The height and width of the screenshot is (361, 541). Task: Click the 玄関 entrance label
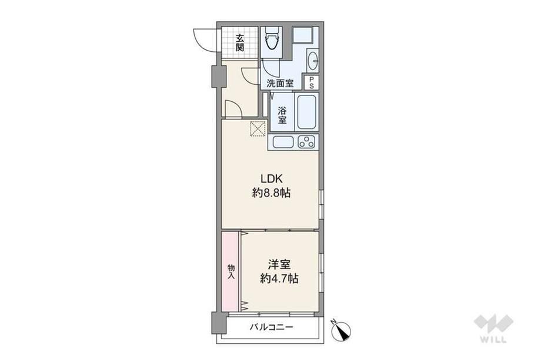point(240,42)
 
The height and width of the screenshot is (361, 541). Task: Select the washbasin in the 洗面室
point(313,61)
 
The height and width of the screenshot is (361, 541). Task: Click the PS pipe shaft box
point(311,83)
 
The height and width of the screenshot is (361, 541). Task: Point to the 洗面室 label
point(280,83)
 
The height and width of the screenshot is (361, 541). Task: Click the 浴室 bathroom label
point(282,116)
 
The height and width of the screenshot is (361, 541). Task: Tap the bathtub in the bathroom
point(306,111)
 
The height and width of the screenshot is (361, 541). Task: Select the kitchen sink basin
point(283,142)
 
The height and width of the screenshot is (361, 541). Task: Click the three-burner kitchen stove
point(306,142)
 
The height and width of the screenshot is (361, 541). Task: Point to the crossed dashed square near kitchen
point(258,128)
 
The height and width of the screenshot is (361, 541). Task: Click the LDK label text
point(272,178)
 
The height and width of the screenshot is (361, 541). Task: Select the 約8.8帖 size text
point(271,193)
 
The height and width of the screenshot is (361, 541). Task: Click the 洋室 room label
point(279,264)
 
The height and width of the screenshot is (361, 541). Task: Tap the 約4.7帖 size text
point(279,278)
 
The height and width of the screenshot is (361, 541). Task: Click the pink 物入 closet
point(230,271)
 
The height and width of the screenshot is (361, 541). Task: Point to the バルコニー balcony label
point(272,326)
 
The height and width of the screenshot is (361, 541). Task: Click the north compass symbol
point(341,330)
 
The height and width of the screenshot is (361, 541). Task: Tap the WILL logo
point(493,328)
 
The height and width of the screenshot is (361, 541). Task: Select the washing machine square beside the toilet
point(303,35)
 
